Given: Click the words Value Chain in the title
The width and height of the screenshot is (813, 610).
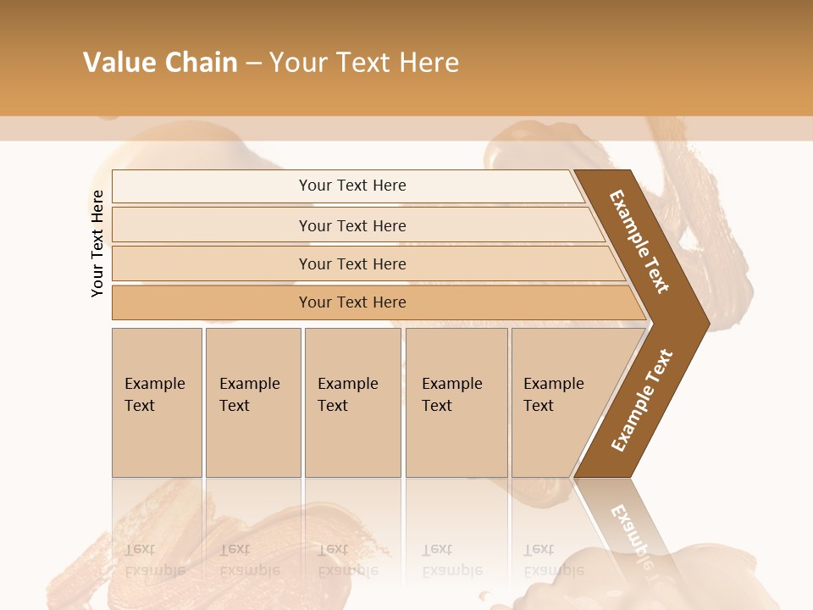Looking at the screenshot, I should (x=160, y=63).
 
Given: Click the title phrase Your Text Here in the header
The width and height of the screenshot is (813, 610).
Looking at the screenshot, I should (x=364, y=63).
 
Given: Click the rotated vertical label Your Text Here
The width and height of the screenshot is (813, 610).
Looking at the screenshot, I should (x=97, y=243).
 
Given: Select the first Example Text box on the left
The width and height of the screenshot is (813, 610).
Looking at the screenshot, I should (x=157, y=402).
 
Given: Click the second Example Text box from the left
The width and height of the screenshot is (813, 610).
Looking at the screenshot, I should (x=252, y=402).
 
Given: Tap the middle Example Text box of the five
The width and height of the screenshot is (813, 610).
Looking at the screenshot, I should (x=352, y=402).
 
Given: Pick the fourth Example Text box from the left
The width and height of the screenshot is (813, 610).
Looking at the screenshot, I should (x=456, y=402).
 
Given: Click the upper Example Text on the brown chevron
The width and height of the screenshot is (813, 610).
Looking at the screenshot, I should (x=639, y=241).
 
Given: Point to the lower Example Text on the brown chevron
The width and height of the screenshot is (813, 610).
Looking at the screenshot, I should (x=641, y=401).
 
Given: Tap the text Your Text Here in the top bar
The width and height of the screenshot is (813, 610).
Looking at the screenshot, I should (x=352, y=186).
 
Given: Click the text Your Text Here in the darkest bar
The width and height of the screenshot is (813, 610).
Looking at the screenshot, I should (x=352, y=302).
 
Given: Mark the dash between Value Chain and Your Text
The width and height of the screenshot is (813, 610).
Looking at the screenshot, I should (x=253, y=64).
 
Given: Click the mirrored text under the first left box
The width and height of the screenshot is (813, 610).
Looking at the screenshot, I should (x=155, y=559).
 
